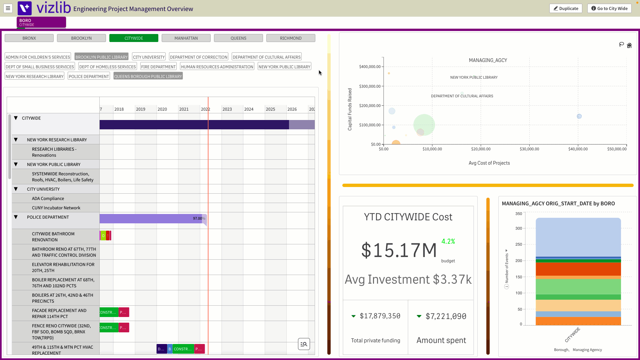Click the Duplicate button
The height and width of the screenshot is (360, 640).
coord(566,8)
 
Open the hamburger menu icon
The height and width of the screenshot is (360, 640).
coord(8,8)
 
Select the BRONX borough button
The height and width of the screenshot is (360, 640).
coord(29,38)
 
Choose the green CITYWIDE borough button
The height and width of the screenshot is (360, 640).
coord(134,38)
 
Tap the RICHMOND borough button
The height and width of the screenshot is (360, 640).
coord(291,38)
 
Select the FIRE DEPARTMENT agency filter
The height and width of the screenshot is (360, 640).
coord(158,67)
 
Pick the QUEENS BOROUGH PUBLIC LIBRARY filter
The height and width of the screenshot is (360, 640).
coord(148,76)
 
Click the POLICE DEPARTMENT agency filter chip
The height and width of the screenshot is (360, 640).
coord(89,76)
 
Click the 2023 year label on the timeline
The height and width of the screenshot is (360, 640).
coord(227,109)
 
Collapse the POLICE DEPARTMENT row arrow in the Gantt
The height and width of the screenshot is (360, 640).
coord(16,217)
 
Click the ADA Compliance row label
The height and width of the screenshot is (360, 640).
coord(48,198)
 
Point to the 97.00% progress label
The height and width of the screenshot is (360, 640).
coord(199,218)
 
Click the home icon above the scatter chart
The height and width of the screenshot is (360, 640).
coord(629,45)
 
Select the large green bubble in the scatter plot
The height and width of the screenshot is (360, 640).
coord(424,125)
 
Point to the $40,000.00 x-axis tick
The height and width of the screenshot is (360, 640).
coord(578,149)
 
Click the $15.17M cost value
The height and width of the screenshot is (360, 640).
coord(399,250)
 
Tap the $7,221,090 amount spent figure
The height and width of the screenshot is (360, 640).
coord(446,316)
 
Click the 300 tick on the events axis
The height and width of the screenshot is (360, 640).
coord(519,228)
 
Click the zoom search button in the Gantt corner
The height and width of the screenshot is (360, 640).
coord(304,344)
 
